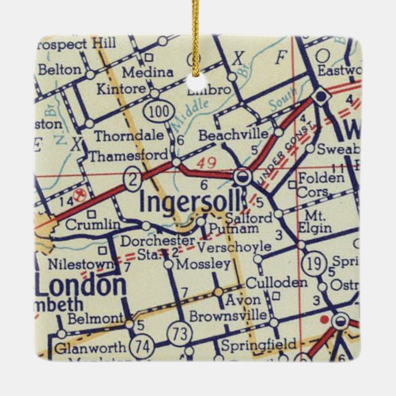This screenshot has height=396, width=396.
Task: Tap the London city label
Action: click(81, 285)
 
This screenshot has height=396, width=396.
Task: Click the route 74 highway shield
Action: click(143, 347)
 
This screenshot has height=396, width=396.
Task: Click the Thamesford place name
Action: click(128, 156)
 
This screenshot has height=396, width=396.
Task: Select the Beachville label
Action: click(234, 135)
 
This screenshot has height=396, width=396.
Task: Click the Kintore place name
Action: click(122, 89)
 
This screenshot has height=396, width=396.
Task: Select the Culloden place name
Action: click(276, 283)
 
